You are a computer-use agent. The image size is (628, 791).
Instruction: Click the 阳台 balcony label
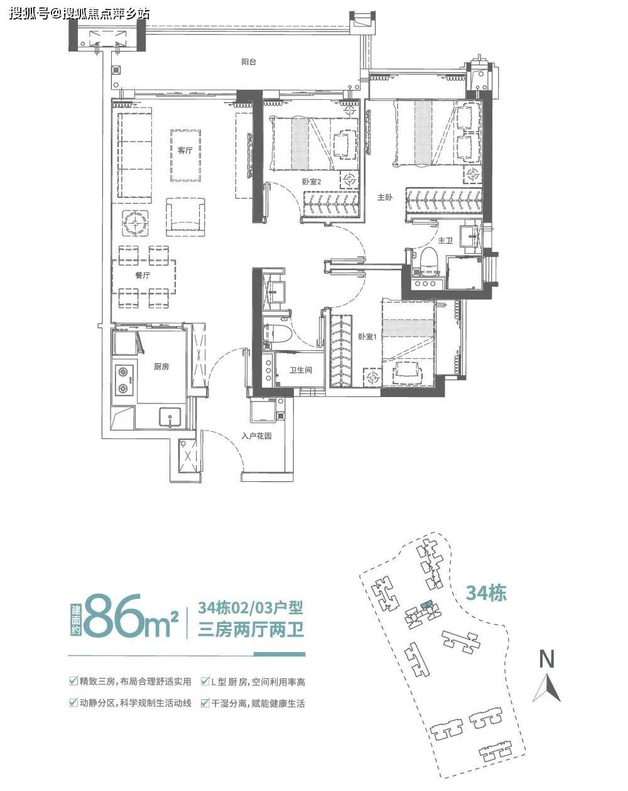pos(249,62)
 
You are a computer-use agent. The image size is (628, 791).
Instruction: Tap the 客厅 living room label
pos(185,150)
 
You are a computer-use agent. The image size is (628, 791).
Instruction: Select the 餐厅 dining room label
pos(143,275)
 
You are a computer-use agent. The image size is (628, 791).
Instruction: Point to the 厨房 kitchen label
pos(161,366)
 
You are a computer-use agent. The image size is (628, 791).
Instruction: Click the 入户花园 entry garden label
pos(256,436)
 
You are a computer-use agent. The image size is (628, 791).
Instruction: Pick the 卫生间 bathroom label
pos(301,370)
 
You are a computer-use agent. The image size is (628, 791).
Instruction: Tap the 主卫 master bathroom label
pos(445,241)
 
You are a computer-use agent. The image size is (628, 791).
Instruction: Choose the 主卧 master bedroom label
pos(385,197)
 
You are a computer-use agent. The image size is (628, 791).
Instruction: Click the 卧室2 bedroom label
pos(311,182)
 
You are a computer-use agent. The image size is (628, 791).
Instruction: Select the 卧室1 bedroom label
pos(368,336)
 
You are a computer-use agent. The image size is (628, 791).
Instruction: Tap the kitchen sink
pos(170,417)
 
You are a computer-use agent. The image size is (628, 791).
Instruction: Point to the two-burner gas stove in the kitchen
pos(124,379)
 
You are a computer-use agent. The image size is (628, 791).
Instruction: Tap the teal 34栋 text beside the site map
pos(486,592)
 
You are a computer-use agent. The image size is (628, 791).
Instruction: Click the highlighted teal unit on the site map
pos(426,604)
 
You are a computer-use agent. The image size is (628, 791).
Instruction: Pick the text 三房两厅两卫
pos(251,630)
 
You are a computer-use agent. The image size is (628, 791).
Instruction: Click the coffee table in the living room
pos(185,155)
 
